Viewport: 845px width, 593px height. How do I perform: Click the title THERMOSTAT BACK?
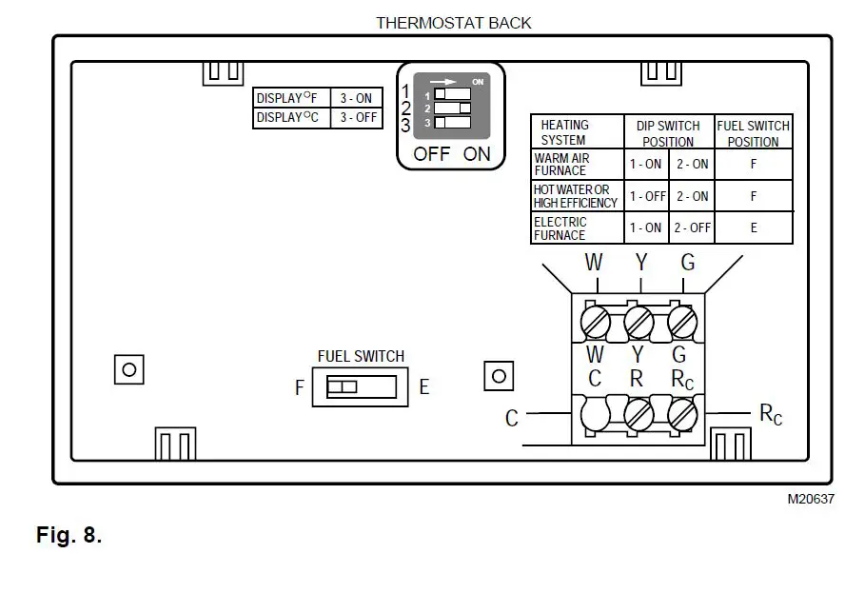pos(453,22)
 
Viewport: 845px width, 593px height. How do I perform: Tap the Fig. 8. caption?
pos(69,535)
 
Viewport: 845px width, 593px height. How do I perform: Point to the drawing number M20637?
pos(810,499)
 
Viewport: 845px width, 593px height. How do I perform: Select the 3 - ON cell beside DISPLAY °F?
pos(357,98)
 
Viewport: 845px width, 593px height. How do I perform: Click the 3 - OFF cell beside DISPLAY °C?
pos(357,118)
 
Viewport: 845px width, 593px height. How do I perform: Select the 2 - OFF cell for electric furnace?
pos(692,228)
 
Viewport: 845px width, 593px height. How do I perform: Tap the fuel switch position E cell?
pos(754,228)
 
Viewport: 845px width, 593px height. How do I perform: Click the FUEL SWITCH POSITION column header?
pos(754,133)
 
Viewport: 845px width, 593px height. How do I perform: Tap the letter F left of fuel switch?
pos(301,387)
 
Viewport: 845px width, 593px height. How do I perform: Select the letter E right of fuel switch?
pos(424,387)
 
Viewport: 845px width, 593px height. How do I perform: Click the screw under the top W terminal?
pos(595,322)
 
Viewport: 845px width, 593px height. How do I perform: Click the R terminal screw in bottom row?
pos(638,415)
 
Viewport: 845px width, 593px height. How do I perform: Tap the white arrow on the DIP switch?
pos(444,81)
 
